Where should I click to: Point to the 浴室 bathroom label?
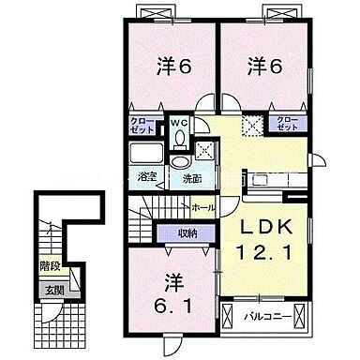coord(147,174)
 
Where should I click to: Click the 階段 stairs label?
coord(48,265)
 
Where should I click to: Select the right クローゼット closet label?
coord(284,122)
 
